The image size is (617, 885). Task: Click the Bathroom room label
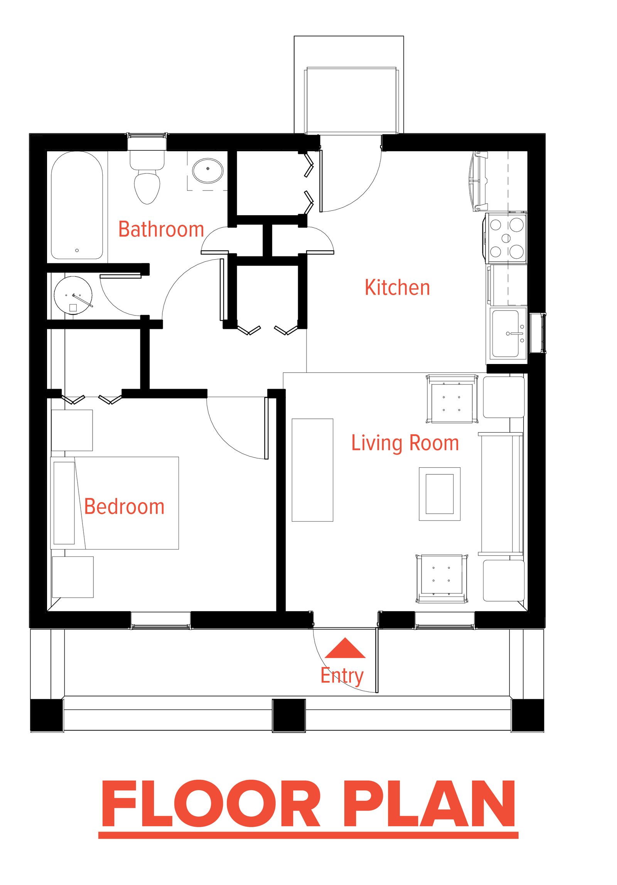pos(161,229)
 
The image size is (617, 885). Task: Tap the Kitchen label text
pos(397,288)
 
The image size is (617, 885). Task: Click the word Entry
pos(342,676)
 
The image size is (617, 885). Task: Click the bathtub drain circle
pos(77,250)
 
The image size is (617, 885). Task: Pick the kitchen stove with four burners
pos(506,238)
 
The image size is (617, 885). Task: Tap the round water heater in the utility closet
pos(73,295)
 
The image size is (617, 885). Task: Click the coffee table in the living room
pos(439,494)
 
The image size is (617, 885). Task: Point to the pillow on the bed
pos(64,503)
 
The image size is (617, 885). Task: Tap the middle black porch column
pos(288,715)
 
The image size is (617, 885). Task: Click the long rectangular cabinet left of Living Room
pos(312,470)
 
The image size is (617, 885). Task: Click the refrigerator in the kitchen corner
pos(497,181)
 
